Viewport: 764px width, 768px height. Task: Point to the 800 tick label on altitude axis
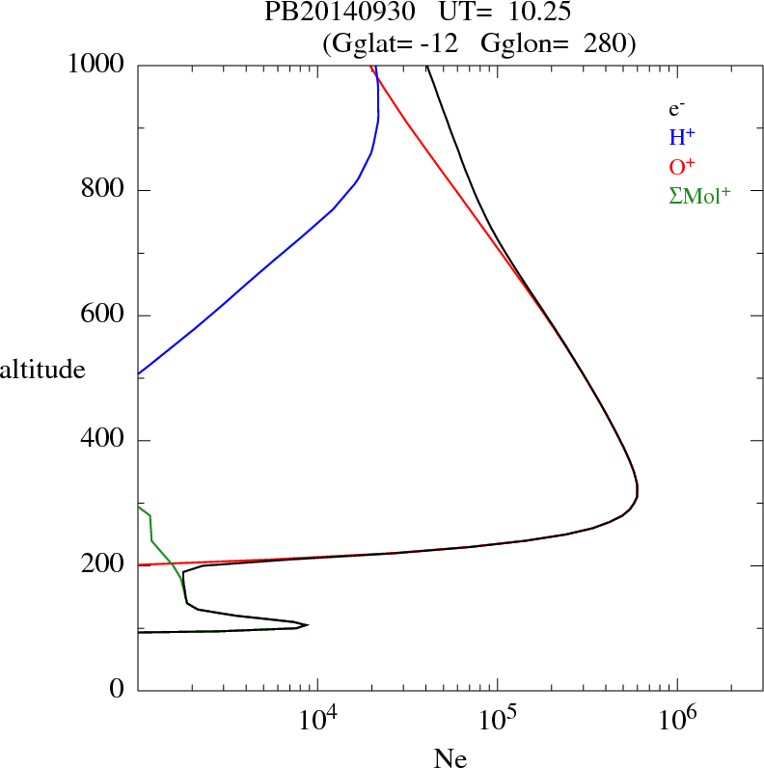click(x=103, y=190)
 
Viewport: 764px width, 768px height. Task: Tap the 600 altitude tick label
click(x=103, y=315)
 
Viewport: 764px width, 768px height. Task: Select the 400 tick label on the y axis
click(x=103, y=441)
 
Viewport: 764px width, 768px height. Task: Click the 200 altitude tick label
click(x=103, y=565)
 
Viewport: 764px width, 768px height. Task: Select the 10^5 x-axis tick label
click(x=497, y=720)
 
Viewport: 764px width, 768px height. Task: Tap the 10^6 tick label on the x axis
click(x=676, y=720)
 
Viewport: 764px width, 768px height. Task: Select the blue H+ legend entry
click(x=682, y=138)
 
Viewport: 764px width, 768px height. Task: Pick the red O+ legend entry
click(x=682, y=167)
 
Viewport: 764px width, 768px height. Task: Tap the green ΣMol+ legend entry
click(x=699, y=196)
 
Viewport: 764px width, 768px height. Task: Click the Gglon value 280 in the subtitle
click(x=611, y=42)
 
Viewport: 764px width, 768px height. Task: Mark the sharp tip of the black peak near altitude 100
click(x=308, y=624)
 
